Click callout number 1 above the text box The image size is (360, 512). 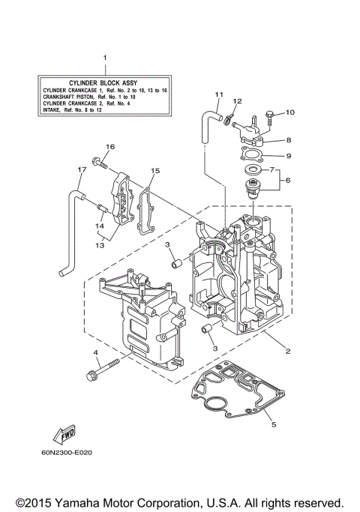(x=105, y=58)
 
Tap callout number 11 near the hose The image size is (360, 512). (x=219, y=94)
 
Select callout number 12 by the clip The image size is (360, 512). (x=237, y=101)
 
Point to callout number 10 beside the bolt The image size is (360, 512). (x=291, y=112)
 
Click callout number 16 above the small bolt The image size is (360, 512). (x=109, y=146)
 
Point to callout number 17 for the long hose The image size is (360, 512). (x=79, y=169)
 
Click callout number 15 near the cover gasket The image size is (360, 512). (x=155, y=171)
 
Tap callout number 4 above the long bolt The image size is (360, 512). (x=96, y=352)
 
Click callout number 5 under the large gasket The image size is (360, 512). (x=273, y=425)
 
